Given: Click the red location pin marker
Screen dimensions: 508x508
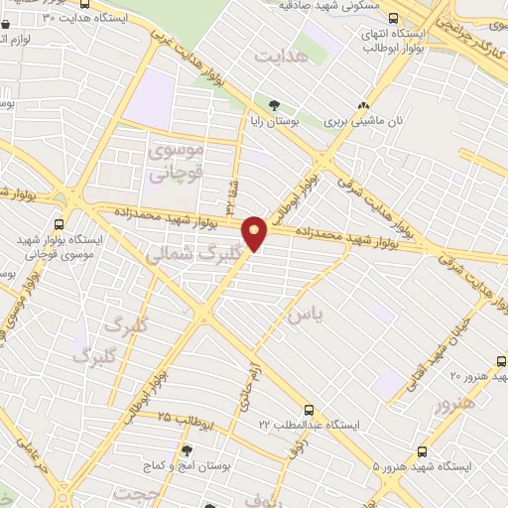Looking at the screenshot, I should tap(256, 233).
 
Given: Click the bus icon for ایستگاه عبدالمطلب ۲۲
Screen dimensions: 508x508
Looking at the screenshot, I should tap(310, 408).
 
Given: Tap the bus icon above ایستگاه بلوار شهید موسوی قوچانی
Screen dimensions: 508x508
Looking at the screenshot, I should tap(59, 225).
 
